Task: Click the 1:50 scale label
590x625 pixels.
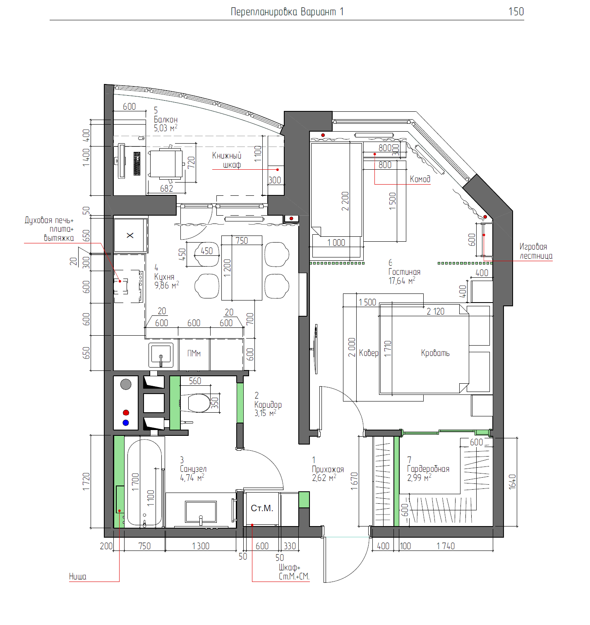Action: click(x=516, y=12)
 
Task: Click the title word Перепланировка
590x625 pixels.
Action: click(x=264, y=12)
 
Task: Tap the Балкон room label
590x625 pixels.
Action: click(x=166, y=120)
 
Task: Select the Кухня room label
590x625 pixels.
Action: click(x=164, y=276)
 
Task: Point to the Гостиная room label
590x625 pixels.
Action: click(x=404, y=272)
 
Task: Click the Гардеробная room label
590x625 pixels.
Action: click(x=428, y=469)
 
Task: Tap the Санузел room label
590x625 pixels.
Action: click(x=193, y=469)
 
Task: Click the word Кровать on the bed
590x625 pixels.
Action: click(x=435, y=353)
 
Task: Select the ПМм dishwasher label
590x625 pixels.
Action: click(x=194, y=353)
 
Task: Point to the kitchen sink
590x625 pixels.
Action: click(x=161, y=355)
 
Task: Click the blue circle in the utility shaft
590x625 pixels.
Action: click(x=126, y=423)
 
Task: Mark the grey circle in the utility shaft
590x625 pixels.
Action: click(x=126, y=384)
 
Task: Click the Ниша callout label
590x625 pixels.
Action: click(x=78, y=577)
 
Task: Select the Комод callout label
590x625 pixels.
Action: click(x=420, y=179)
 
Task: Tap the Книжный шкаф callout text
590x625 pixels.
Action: click(x=227, y=160)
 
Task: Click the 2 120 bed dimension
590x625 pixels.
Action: click(x=436, y=312)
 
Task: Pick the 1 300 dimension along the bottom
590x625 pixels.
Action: click(x=201, y=546)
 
